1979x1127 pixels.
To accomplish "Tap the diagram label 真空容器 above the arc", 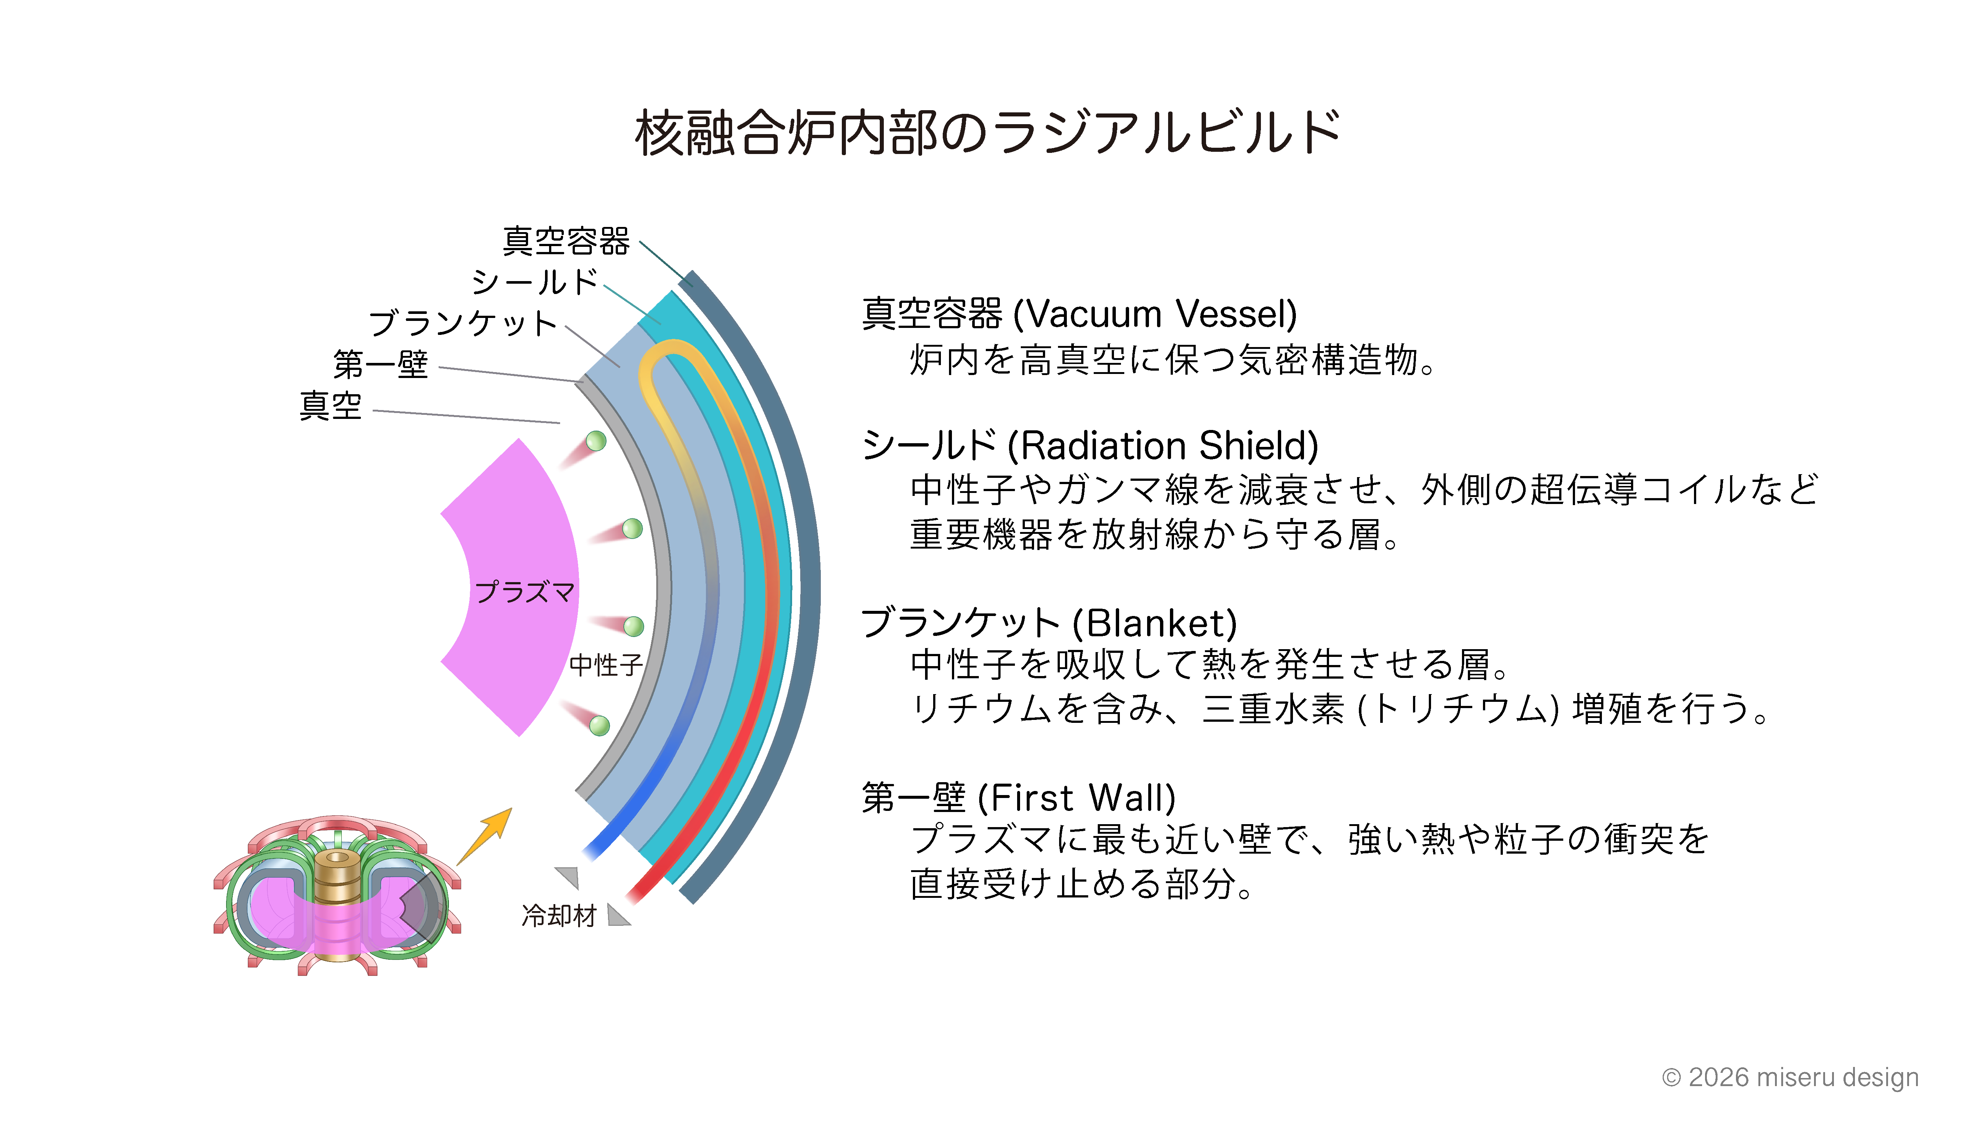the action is (x=566, y=241).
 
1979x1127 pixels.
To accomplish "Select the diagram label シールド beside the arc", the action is (x=535, y=282).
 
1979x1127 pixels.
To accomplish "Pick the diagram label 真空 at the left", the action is (x=330, y=406).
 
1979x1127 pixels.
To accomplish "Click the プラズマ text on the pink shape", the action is (x=524, y=592).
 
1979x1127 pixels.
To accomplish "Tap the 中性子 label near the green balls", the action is (x=606, y=664).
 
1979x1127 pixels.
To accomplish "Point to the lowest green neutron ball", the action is (x=600, y=725).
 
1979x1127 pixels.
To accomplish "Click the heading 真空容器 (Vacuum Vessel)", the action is (x=1079, y=314).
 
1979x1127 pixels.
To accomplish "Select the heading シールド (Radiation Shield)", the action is (x=1090, y=446).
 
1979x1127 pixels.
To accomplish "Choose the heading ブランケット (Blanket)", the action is (x=1049, y=623).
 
